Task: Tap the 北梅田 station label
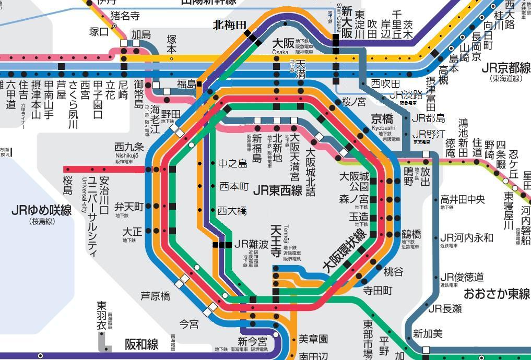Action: [x=230, y=25]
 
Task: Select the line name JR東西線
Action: [x=277, y=190]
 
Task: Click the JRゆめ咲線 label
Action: [x=41, y=211]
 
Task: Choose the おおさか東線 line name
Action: [x=497, y=293]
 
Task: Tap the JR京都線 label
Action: [x=505, y=68]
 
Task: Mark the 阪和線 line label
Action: [x=141, y=344]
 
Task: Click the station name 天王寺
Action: [x=276, y=241]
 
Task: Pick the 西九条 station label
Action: [x=129, y=147]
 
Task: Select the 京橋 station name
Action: [x=382, y=118]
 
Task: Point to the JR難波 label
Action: [x=251, y=244]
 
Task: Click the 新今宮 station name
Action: [x=252, y=342]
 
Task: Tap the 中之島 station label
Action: [x=232, y=164]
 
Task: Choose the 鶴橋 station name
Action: [x=411, y=234]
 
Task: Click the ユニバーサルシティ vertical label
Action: [x=92, y=217]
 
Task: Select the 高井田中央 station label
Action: [x=463, y=199]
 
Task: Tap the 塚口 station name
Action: [x=99, y=32]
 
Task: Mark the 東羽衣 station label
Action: [x=102, y=316]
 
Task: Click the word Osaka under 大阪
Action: [x=280, y=52]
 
